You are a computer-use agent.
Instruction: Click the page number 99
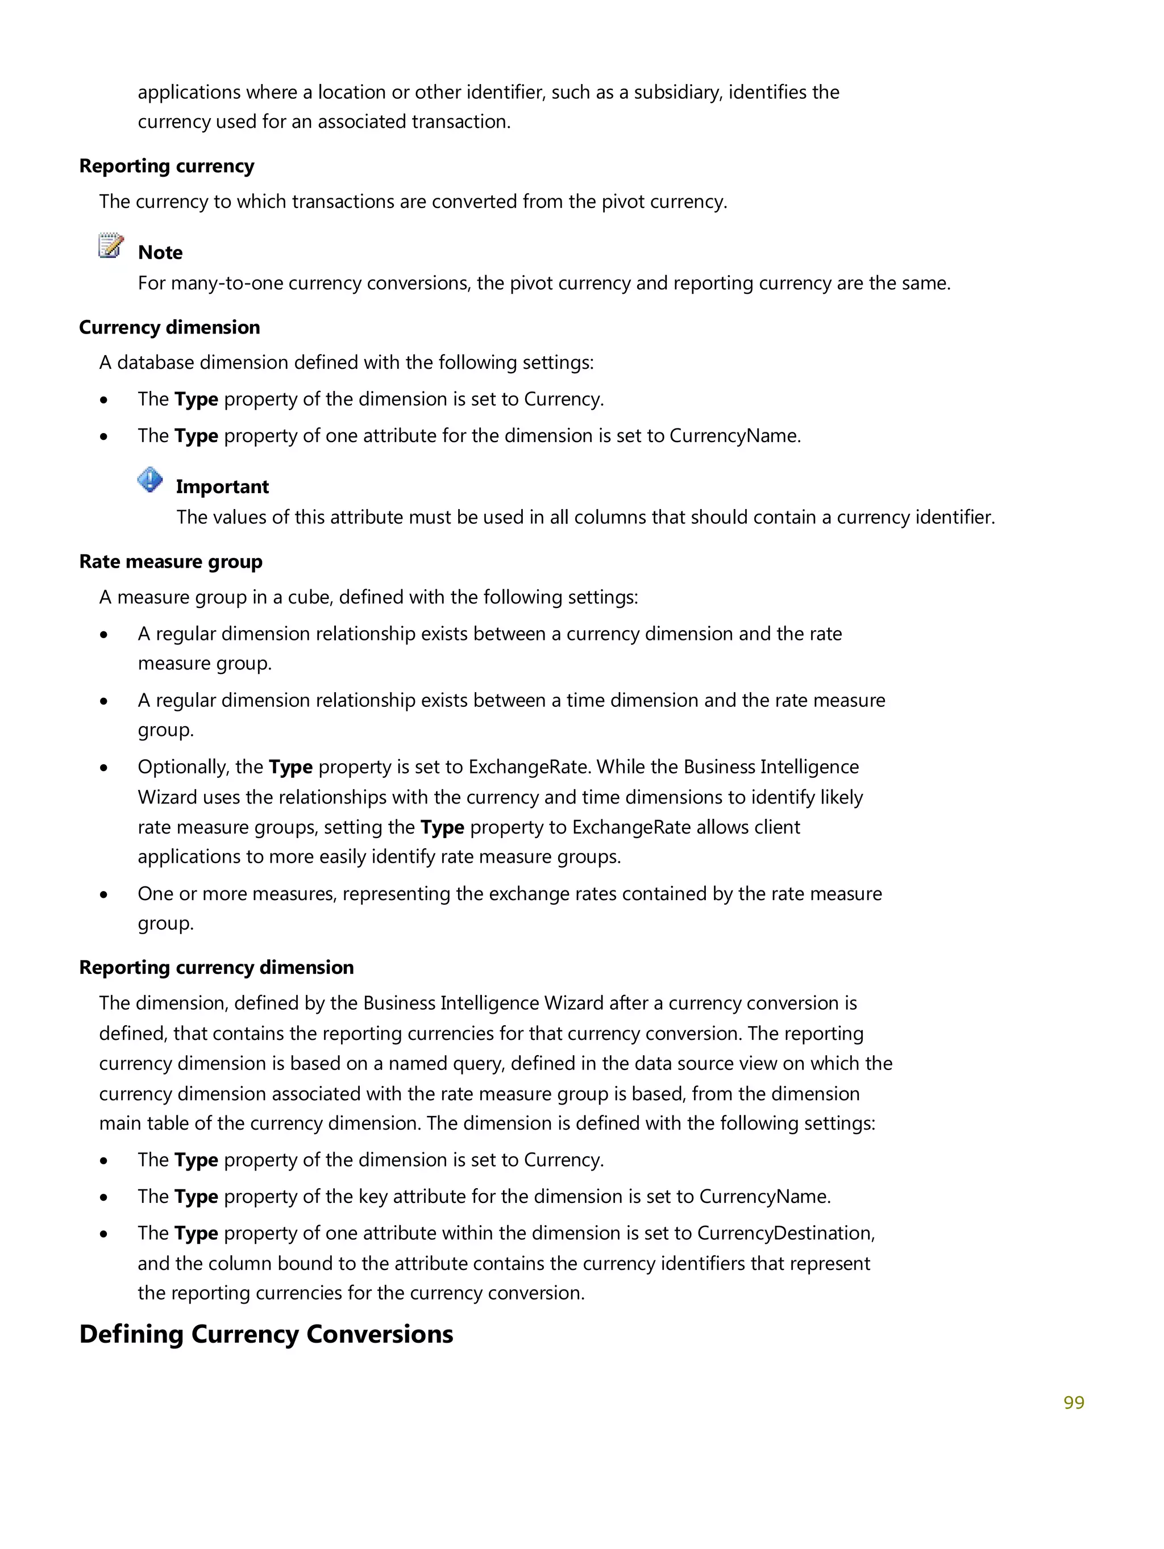[x=1073, y=1402]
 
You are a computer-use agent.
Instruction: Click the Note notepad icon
[x=111, y=246]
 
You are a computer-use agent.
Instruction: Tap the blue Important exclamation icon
[x=150, y=480]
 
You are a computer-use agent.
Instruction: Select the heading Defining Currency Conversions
[x=265, y=1334]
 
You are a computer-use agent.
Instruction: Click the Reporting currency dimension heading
[x=216, y=967]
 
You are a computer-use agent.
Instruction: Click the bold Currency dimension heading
[x=169, y=327]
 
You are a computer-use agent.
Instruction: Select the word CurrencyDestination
[x=784, y=1232]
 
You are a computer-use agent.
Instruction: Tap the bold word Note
[x=160, y=252]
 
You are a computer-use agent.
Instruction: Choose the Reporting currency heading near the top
[x=166, y=166]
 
